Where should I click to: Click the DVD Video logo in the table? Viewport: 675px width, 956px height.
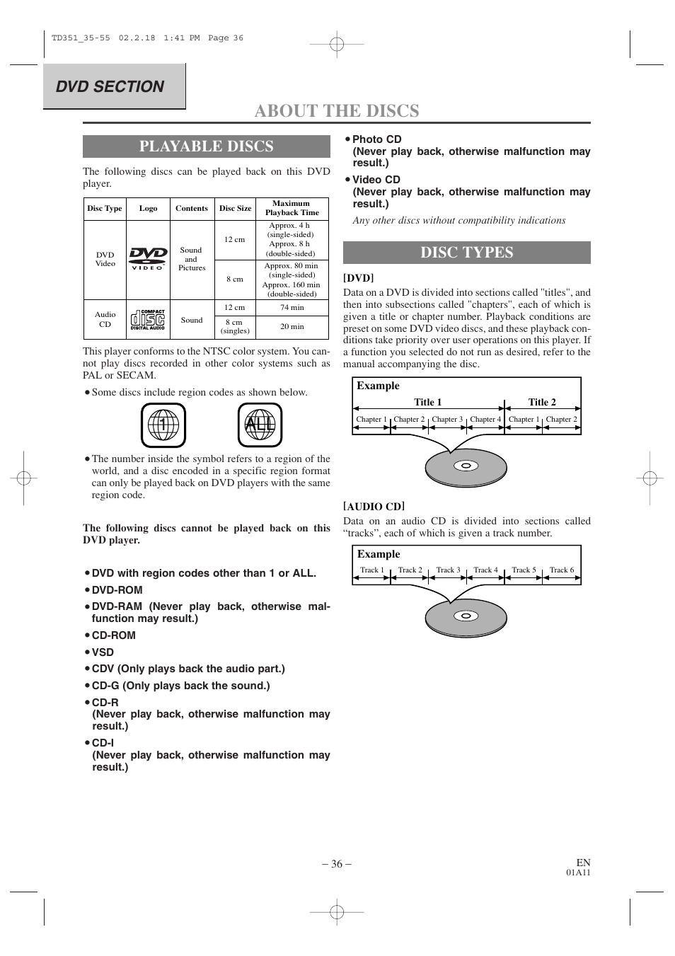tap(148, 259)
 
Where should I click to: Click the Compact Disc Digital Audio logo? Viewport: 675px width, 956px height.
tap(148, 320)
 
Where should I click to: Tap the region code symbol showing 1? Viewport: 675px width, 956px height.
tap(163, 425)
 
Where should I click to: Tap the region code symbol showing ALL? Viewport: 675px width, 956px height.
tap(260, 425)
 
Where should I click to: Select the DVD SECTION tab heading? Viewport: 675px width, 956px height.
tap(110, 86)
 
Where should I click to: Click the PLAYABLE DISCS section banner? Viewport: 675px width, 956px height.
tap(206, 146)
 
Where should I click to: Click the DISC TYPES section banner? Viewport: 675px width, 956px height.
tap(466, 253)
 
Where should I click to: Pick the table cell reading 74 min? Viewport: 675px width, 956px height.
tap(292, 308)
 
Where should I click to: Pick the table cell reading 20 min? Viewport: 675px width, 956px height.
tap(292, 327)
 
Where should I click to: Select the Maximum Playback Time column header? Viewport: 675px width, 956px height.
tap(292, 208)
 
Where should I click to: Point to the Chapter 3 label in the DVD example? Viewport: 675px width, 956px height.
tap(447, 420)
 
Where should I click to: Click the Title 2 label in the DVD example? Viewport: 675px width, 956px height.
tap(542, 402)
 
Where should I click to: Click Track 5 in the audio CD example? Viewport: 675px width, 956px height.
tap(524, 570)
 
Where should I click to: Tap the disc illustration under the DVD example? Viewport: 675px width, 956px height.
tap(466, 467)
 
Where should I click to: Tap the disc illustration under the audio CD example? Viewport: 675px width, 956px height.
tap(466, 616)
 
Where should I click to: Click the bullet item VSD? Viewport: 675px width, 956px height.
tap(103, 652)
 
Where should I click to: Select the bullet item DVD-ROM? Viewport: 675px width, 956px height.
tap(117, 590)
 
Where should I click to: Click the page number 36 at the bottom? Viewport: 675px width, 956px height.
tap(337, 864)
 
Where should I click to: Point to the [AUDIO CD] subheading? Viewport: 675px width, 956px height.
tap(374, 507)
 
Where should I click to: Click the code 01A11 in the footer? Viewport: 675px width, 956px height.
tap(578, 873)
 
